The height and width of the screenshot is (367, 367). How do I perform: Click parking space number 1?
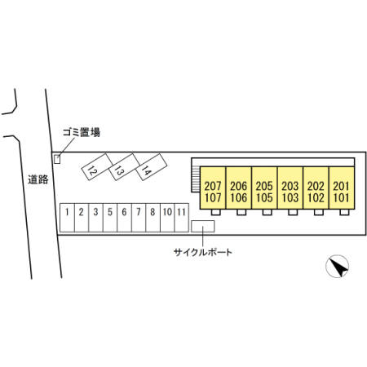pos(67,218)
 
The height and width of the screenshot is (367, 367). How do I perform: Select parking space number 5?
pos(110,218)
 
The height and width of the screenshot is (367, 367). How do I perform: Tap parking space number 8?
pos(153,218)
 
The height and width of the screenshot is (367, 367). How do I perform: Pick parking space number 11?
pos(182,218)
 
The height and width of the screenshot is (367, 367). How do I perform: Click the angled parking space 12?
pos(97,166)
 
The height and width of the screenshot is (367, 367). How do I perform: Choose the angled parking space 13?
pos(124,166)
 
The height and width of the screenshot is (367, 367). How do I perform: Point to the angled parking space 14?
pos(152,167)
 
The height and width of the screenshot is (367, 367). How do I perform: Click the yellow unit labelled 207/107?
pos(213,188)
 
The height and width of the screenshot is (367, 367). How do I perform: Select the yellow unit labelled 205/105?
pos(264,188)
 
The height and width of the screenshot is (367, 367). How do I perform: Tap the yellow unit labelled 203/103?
pos(290,188)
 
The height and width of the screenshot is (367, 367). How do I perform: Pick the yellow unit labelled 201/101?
pos(342,188)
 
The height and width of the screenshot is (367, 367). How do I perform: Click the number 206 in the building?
pos(238,186)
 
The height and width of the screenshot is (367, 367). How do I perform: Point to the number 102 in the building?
pos(316,198)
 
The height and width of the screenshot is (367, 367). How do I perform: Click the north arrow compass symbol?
pos(338,266)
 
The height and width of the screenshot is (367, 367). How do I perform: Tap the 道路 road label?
pos(38,179)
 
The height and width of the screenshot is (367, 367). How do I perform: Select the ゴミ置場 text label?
pos(82,132)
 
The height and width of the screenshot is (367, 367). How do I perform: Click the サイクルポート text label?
pos(203,253)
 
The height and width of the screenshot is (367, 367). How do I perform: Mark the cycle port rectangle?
pos(203,226)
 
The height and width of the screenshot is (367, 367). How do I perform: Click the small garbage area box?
pos(57,159)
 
